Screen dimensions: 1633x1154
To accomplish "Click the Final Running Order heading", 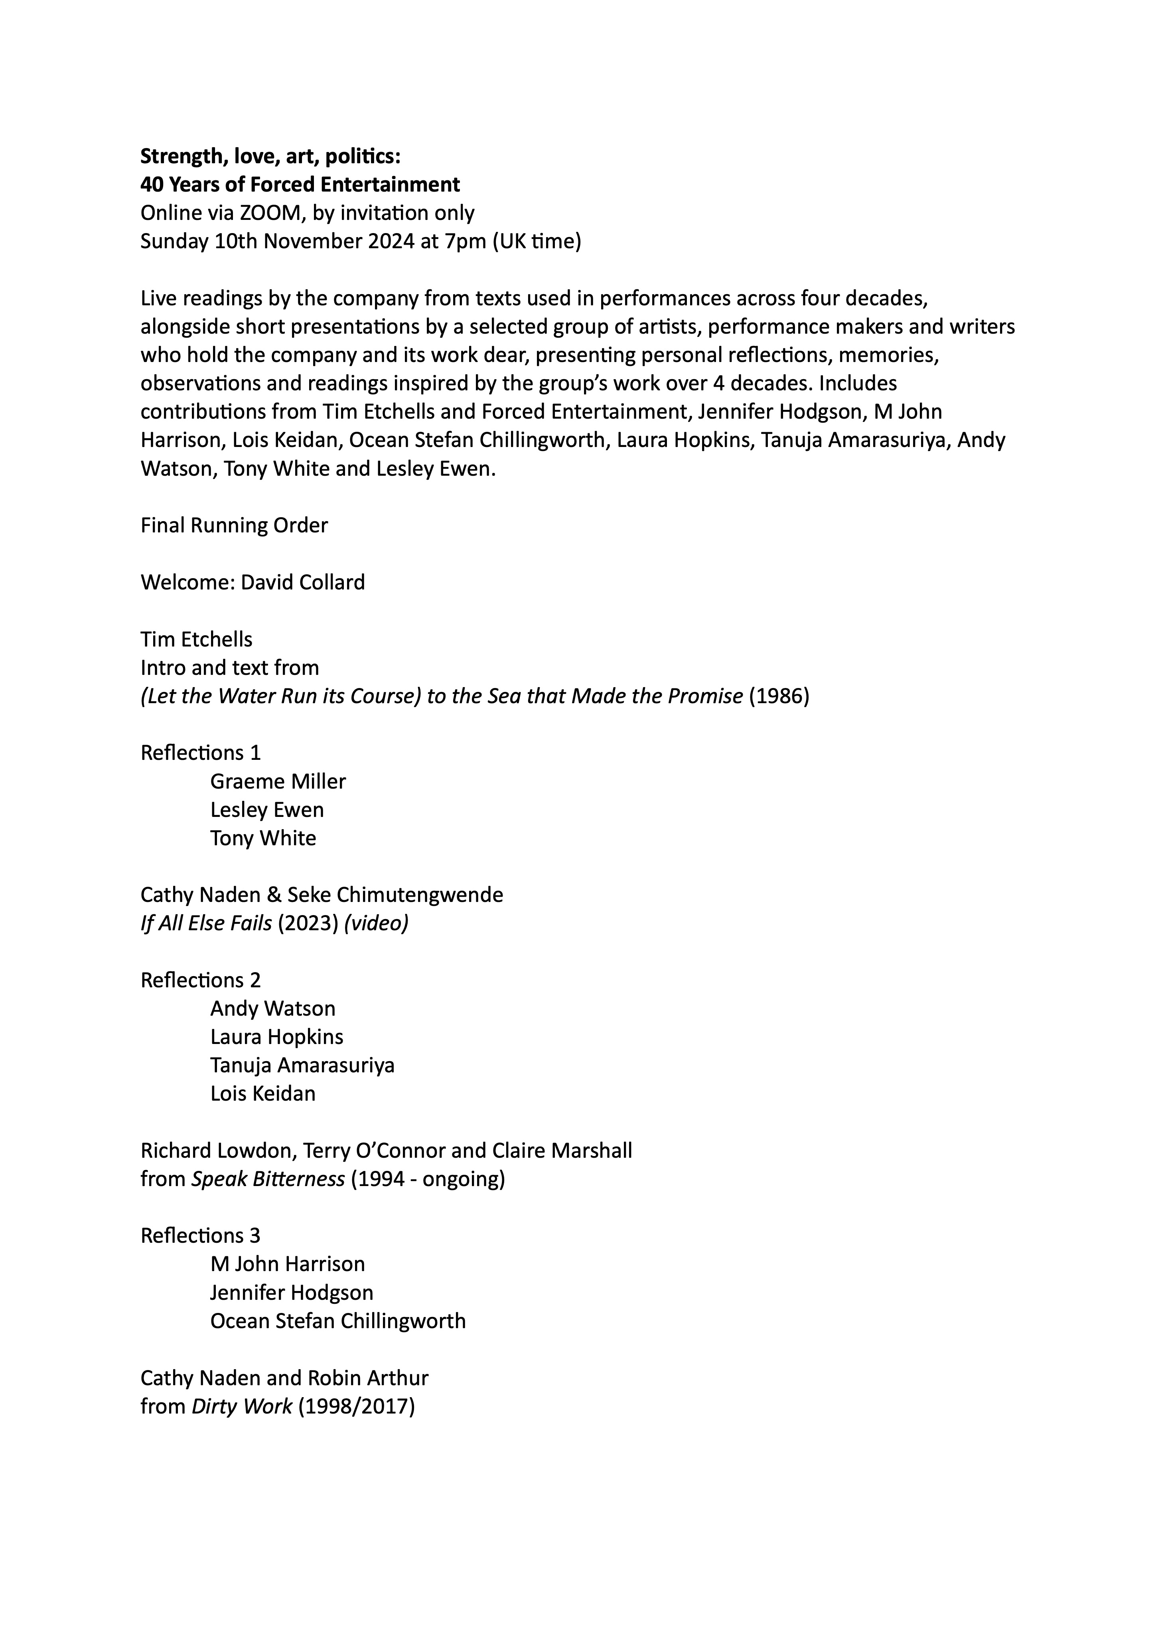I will pos(234,526).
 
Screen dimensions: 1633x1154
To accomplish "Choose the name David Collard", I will pos(302,583).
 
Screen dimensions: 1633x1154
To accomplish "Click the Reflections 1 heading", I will pos(201,753).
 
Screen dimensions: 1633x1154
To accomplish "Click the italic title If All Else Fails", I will pos(206,923).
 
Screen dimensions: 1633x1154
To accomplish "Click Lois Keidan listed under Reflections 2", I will pos(262,1093).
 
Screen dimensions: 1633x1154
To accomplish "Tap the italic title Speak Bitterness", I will pos(268,1178).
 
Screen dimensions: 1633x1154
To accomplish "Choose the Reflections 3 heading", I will pos(201,1236).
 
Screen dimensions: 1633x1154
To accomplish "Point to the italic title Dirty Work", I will pos(242,1406).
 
